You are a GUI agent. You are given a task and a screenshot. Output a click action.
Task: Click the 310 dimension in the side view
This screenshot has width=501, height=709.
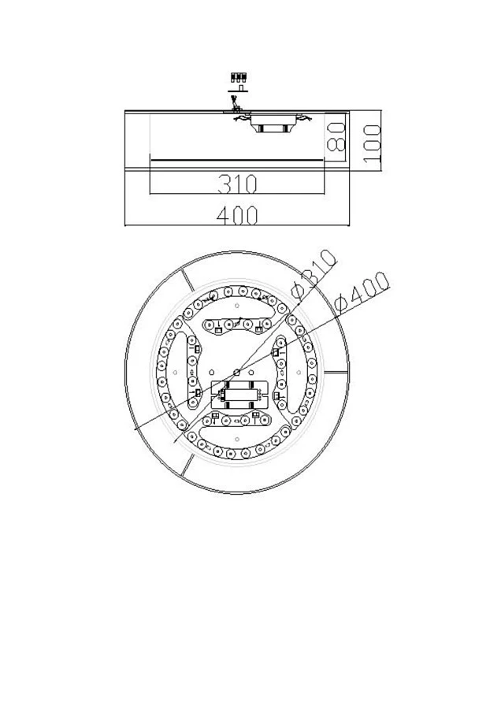(237, 184)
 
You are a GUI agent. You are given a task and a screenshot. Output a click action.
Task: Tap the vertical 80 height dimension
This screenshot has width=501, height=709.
(336, 136)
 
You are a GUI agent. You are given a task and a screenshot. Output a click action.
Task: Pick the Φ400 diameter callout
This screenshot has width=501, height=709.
(362, 293)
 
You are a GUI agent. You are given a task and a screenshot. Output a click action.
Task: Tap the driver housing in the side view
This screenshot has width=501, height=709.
(272, 124)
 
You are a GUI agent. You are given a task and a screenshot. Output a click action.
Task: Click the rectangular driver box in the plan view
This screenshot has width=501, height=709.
(237, 394)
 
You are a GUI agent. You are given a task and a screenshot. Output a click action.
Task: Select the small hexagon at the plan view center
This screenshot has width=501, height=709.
(237, 370)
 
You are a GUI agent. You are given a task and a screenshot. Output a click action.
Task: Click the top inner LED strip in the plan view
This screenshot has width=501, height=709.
(237, 322)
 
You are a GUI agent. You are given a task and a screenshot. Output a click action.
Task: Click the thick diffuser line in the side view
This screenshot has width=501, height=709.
(236, 161)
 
